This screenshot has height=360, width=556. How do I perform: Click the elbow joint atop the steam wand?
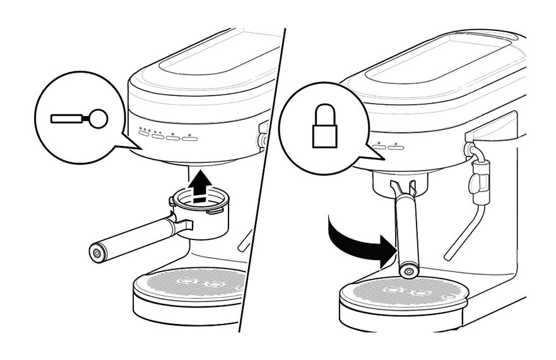coord(470,149)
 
